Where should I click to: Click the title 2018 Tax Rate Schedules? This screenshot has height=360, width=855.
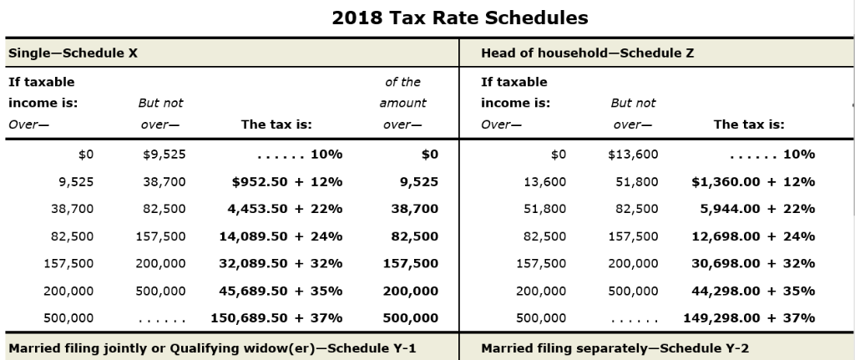[x=460, y=18]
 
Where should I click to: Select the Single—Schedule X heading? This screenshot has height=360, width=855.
[x=73, y=53]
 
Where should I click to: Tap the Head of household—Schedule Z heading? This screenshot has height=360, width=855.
[x=588, y=53]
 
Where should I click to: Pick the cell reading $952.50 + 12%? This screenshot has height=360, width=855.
[x=286, y=181]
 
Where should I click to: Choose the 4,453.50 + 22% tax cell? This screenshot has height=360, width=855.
[x=285, y=209]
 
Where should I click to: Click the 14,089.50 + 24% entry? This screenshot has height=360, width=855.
[x=281, y=236]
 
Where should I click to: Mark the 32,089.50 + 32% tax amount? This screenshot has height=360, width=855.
[x=281, y=263]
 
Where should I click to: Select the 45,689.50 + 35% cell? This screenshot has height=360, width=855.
[x=281, y=291]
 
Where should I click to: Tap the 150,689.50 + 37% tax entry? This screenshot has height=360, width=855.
[x=276, y=317]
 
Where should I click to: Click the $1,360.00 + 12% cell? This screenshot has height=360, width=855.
[x=753, y=181]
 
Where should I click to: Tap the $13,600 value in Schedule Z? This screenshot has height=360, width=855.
[x=633, y=154]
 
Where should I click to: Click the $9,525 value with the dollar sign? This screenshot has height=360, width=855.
[x=164, y=154]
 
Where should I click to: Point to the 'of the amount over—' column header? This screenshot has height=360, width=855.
[x=403, y=104]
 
